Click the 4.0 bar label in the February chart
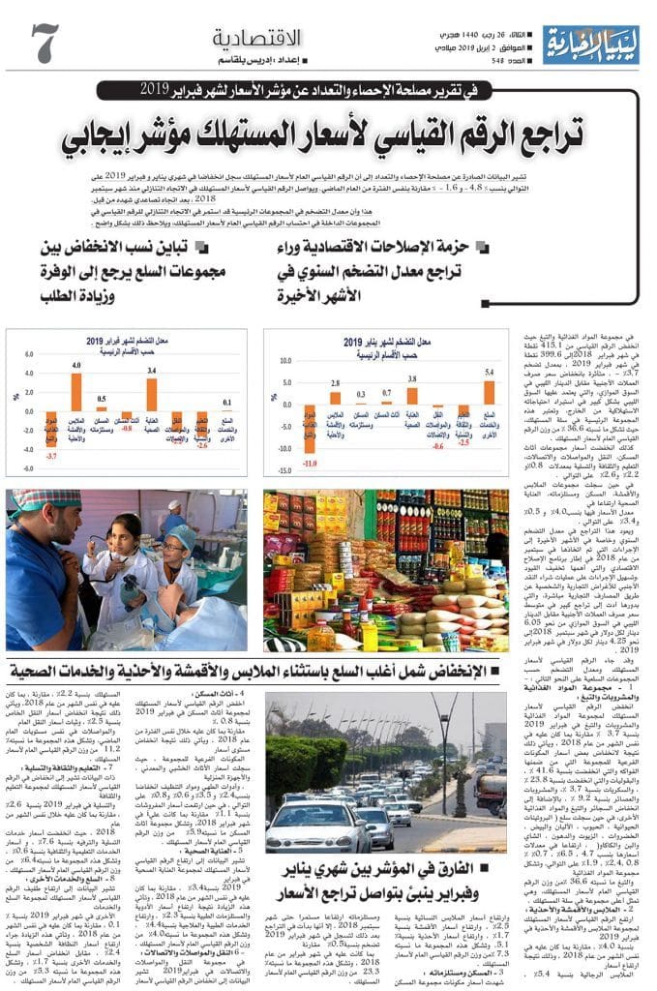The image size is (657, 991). (x=76, y=366)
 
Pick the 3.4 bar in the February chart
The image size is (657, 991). (x=151, y=371)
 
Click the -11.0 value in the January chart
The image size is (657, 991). (x=310, y=464)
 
